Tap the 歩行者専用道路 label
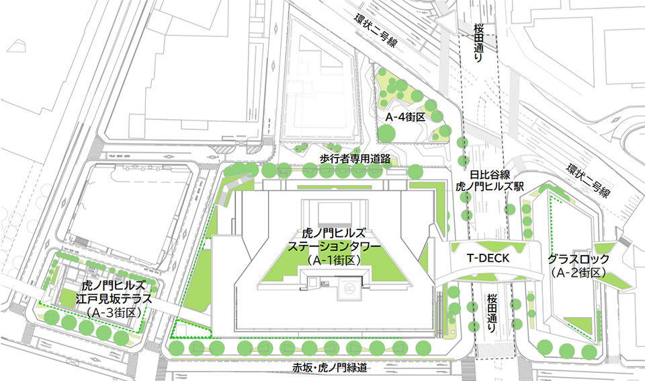click(355, 159)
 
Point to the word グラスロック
click(578, 259)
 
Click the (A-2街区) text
click(578, 273)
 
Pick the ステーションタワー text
click(334, 246)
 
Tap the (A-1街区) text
click(334, 260)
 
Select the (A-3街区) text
click(112, 312)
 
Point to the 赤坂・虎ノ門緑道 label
click(331, 367)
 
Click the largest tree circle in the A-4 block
click(387, 133)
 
